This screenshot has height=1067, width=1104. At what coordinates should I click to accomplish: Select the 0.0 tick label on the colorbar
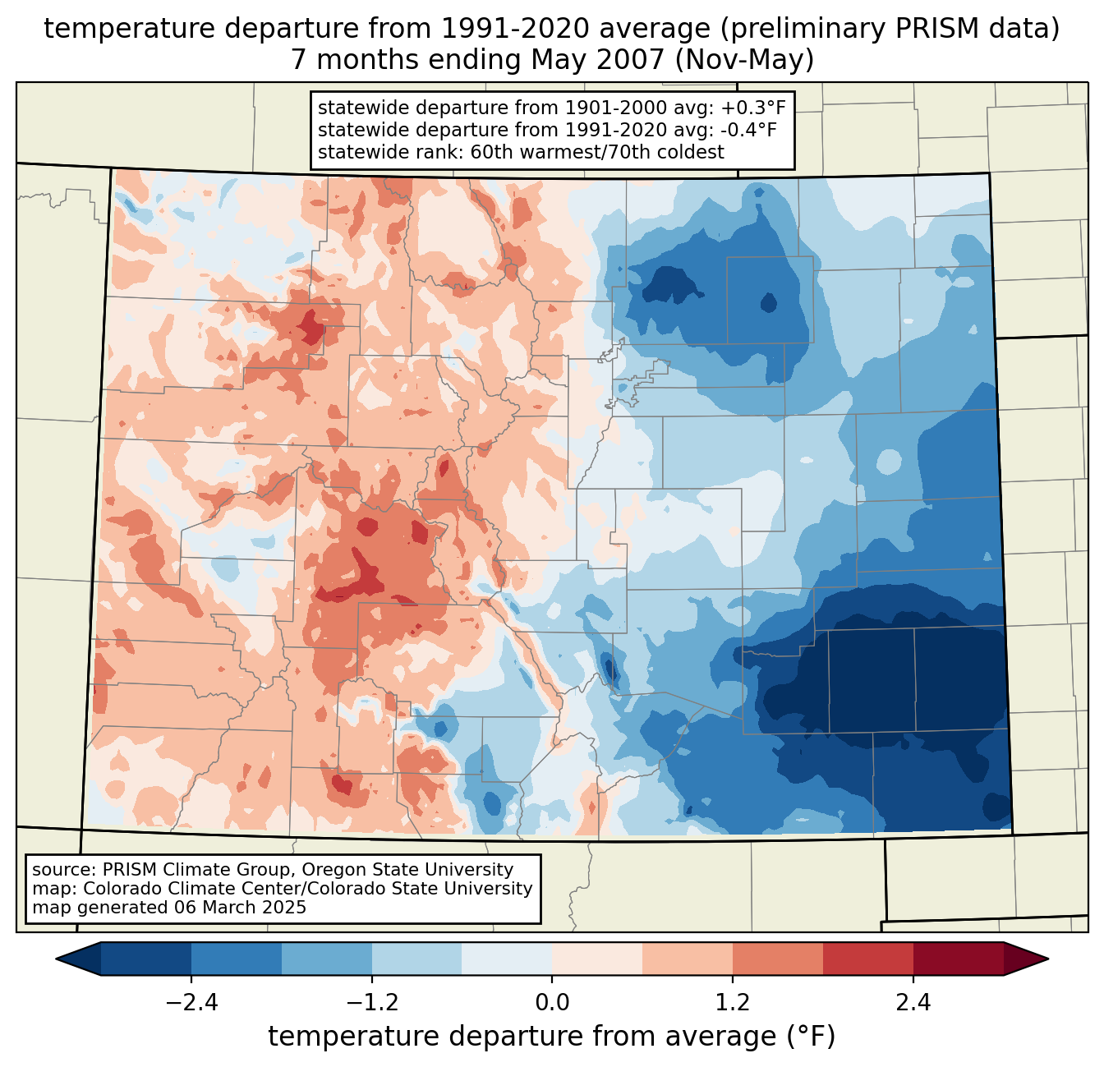pyautogui.click(x=552, y=1003)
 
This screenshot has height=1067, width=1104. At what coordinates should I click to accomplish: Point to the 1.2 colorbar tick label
pyautogui.click(x=733, y=1003)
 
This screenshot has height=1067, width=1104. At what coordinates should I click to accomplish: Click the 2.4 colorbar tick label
pyautogui.click(x=913, y=1003)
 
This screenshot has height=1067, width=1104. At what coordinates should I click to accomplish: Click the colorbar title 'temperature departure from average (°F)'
pyautogui.click(x=552, y=1037)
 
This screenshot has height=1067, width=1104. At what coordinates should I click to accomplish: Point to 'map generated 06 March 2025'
pyautogui.click(x=169, y=908)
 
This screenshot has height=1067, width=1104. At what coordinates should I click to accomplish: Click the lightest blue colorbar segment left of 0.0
pyautogui.click(x=507, y=959)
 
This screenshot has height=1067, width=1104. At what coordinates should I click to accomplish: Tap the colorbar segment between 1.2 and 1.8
pyautogui.click(x=778, y=959)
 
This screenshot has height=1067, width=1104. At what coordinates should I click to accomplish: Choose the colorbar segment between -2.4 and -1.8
pyautogui.click(x=237, y=959)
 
